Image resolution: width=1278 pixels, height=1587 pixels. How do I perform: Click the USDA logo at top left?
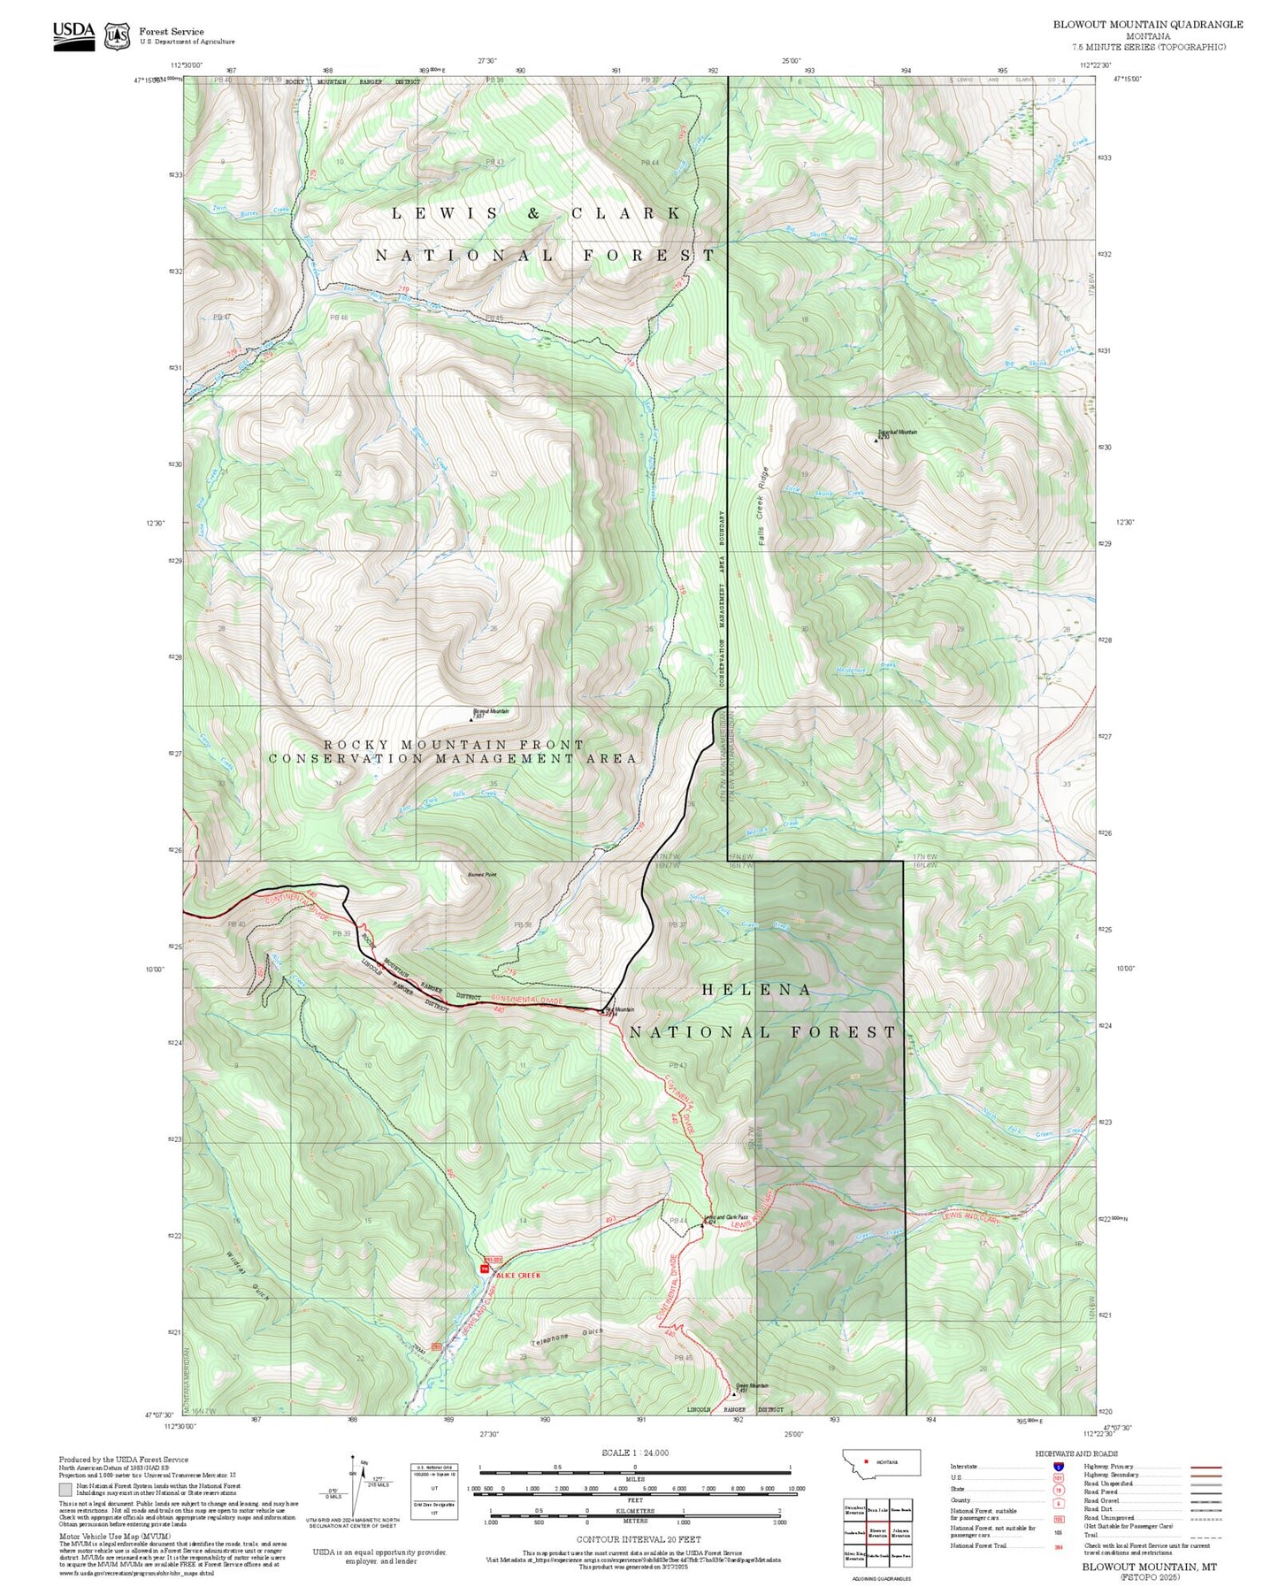[73, 34]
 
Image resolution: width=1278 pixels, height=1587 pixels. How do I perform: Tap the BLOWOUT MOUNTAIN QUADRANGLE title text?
[1147, 24]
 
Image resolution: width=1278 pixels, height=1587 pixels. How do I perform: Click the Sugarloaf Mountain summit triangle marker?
[876, 439]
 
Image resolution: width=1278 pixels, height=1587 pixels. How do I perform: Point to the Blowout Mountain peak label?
[492, 711]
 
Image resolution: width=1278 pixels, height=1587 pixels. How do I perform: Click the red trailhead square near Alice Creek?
[484, 1269]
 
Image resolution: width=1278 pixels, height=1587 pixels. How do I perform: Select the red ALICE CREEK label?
[518, 1276]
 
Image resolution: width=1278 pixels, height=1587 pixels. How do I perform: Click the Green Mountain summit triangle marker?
[734, 1391]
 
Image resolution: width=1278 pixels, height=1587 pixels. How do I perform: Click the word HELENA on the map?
[756, 990]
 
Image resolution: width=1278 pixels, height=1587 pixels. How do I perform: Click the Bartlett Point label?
[482, 875]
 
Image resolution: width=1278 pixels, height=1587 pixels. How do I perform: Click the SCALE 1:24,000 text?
[635, 1453]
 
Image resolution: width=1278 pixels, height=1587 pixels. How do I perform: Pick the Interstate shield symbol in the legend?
[1059, 1467]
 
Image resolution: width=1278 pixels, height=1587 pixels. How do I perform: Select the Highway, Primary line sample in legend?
[1206, 1467]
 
